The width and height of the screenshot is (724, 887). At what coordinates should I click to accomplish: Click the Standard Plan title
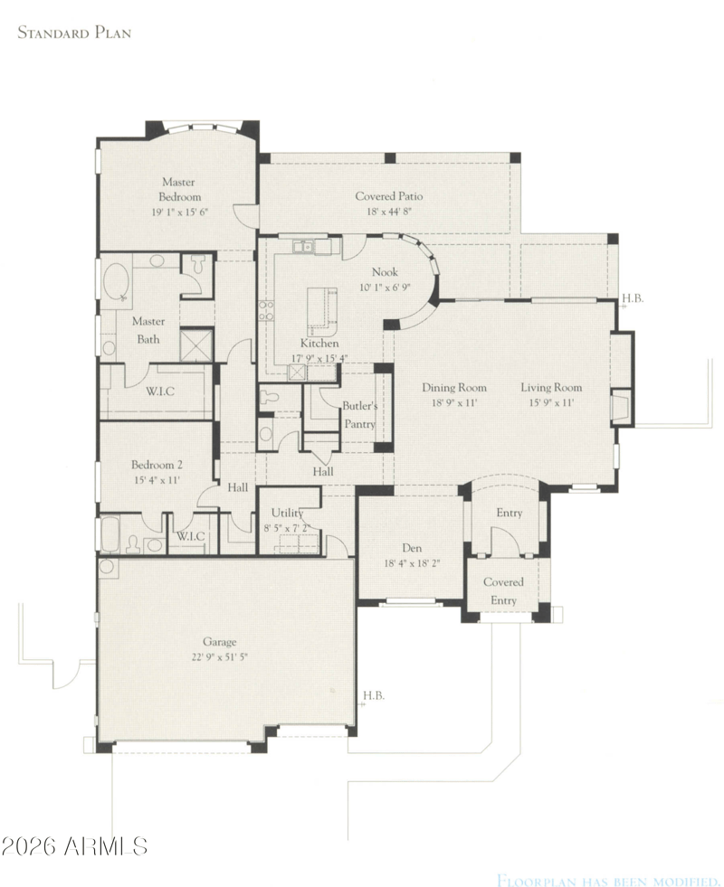pyautogui.click(x=74, y=33)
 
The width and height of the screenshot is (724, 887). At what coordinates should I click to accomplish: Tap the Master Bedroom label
pyautogui.click(x=179, y=190)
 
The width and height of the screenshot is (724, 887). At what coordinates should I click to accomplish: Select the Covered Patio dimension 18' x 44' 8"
pyautogui.click(x=389, y=212)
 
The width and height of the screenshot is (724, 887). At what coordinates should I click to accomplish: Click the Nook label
pyautogui.click(x=385, y=272)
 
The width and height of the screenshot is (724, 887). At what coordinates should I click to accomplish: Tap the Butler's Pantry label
pyautogui.click(x=359, y=415)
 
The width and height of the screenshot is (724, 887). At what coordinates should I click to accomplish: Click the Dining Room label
pyautogui.click(x=454, y=388)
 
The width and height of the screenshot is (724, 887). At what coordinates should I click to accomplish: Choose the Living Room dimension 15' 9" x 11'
pyautogui.click(x=551, y=402)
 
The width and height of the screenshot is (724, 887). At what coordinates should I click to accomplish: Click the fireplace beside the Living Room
pyautogui.click(x=621, y=406)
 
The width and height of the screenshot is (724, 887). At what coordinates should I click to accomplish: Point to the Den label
pyautogui.click(x=412, y=548)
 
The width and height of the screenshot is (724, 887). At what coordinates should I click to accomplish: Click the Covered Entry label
pyautogui.click(x=503, y=591)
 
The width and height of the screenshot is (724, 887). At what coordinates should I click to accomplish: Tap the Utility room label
pyautogui.click(x=288, y=513)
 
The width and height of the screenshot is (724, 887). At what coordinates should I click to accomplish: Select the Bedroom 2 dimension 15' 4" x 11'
pyautogui.click(x=157, y=480)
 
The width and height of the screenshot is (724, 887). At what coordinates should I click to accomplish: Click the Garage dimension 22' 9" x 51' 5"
pyautogui.click(x=220, y=657)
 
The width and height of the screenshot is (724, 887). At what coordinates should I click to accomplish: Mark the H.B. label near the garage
pyautogui.click(x=374, y=695)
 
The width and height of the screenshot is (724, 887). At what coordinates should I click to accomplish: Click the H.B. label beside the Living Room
pyautogui.click(x=633, y=297)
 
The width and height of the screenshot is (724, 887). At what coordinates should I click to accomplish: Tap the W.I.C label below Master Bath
pyautogui.click(x=159, y=391)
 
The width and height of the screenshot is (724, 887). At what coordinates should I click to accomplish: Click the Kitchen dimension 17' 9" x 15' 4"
pyautogui.click(x=319, y=358)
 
